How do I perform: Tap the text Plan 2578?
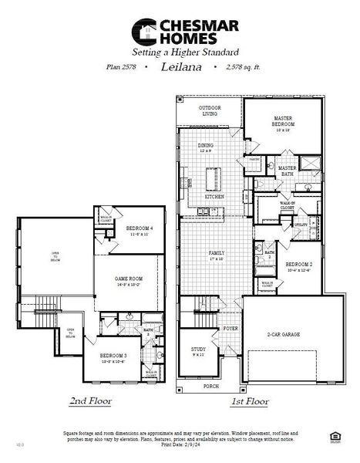(123, 67)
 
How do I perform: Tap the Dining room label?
(205, 147)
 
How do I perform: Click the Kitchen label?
(214, 197)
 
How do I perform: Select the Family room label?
(215, 255)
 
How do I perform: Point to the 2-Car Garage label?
(283, 335)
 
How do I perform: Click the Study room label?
(198, 352)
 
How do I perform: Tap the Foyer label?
(230, 328)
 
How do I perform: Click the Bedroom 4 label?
(140, 230)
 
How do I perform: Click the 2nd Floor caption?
(90, 401)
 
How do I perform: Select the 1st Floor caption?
(249, 401)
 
